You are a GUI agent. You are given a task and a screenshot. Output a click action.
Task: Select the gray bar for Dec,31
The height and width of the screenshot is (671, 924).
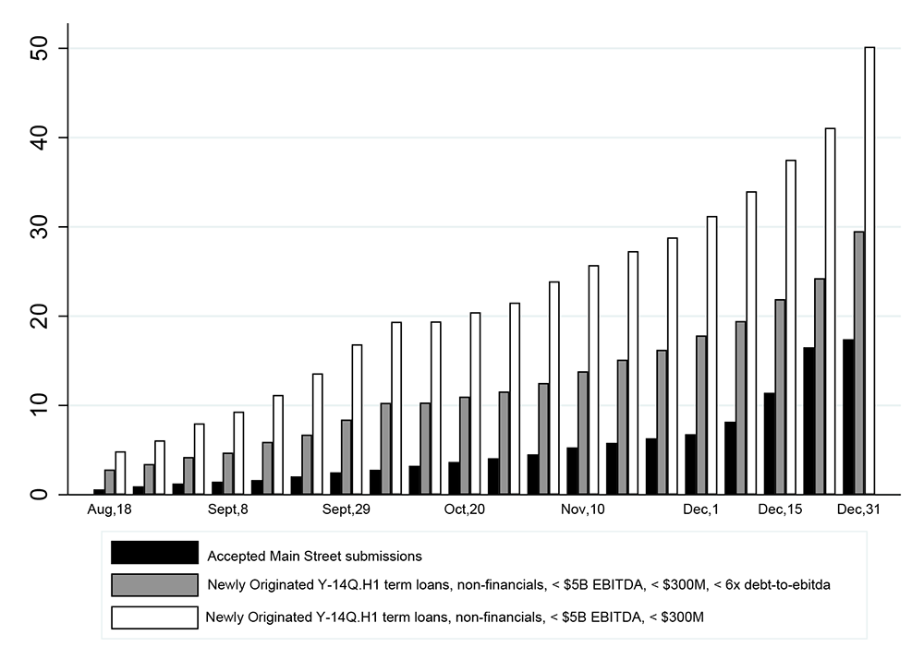[858, 363]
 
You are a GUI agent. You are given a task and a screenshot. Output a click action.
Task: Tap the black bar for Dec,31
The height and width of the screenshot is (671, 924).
[847, 416]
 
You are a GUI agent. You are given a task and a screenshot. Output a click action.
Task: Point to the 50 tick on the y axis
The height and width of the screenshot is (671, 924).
[39, 48]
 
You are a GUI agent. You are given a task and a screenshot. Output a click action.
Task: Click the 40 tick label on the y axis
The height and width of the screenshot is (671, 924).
[39, 138]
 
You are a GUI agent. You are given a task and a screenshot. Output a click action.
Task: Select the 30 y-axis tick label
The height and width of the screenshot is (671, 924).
[39, 227]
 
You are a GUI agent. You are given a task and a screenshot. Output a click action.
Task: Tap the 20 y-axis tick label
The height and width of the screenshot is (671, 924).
[39, 316]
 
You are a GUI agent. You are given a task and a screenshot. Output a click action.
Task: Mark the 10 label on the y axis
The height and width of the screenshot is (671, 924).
[39, 405]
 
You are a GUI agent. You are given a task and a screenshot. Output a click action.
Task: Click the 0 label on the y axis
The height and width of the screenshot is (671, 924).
[39, 495]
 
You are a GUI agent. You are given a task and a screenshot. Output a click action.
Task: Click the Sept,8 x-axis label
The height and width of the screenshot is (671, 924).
[228, 509]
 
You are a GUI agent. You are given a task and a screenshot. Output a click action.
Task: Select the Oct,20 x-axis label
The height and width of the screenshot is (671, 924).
[464, 509]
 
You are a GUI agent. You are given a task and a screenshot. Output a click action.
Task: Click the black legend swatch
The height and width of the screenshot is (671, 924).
[154, 553]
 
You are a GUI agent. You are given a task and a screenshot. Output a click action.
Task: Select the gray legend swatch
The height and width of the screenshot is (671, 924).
[154, 585]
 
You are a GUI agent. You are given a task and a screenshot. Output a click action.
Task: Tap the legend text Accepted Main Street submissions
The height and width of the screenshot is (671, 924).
[314, 556]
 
